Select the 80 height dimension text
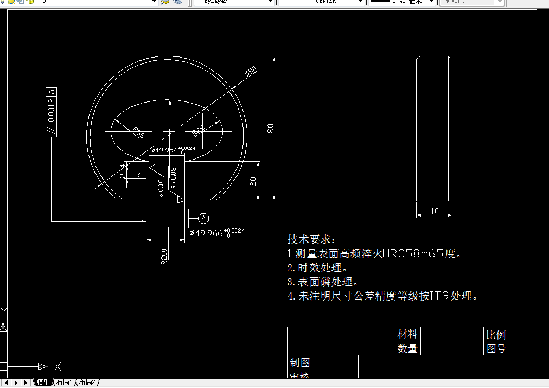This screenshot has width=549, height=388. click(270, 129)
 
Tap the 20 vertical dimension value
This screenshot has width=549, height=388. click(253, 181)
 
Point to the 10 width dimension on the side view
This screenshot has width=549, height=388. click(435, 212)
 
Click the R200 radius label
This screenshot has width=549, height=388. click(164, 256)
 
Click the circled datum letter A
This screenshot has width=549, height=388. click(203, 218)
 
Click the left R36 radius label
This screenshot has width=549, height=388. click(138, 132)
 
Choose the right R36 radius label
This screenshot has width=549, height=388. click(199, 131)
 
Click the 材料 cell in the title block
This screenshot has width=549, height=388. click(407, 334)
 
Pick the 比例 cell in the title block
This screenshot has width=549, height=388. click(496, 334)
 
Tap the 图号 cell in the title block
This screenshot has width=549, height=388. click(496, 348)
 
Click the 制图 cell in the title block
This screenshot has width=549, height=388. click(299, 362)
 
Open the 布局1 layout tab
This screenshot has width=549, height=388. click(63, 383)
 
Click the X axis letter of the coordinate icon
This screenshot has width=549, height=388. click(58, 366)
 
